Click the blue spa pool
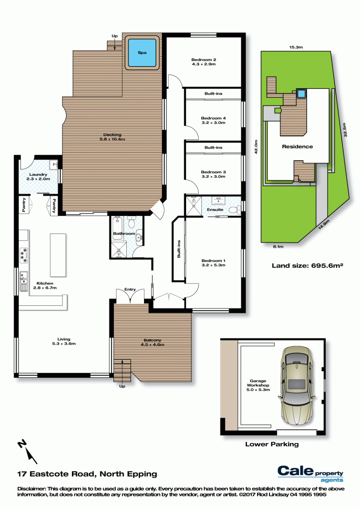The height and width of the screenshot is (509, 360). [142, 53]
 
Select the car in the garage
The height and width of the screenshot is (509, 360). [296, 386]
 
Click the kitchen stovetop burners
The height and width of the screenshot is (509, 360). [24, 255]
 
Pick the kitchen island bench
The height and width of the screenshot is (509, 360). [58, 255]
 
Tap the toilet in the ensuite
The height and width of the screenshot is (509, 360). [235, 210]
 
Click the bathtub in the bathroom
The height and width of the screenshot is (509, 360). [117, 228]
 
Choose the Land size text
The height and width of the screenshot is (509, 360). [307, 265]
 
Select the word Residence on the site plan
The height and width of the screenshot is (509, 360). [297, 146]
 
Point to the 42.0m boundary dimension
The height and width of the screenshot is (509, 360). [256, 147]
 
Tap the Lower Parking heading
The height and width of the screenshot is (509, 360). [272, 444]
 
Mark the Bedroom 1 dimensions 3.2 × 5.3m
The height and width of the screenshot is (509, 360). [213, 265]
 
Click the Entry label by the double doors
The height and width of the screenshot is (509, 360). [130, 289]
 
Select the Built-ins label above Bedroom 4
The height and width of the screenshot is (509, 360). [213, 94]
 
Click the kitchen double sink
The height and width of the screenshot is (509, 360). [23, 278]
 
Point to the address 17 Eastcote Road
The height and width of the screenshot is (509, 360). [56, 474]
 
